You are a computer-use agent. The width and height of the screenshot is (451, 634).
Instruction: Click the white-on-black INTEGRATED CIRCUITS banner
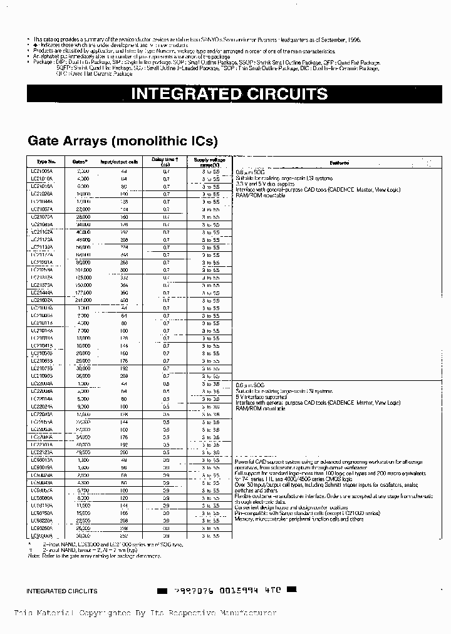pos(229,94)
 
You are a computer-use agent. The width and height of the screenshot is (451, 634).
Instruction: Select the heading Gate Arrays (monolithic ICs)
pos(122,140)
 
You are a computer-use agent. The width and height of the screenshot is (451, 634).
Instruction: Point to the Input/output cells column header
pos(119,162)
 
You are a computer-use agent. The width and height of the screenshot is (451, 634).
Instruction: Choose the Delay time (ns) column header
pos(166,162)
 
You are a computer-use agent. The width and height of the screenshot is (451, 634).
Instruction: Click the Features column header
pos(339,162)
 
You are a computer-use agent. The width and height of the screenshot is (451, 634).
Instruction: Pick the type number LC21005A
pos(43,170)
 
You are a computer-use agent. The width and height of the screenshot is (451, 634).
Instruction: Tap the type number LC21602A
pos(43,300)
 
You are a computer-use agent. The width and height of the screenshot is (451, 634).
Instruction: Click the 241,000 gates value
pos(82,300)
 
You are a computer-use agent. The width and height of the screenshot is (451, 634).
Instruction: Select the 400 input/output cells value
pos(123,300)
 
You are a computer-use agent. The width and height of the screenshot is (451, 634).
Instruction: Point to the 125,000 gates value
pos(82,278)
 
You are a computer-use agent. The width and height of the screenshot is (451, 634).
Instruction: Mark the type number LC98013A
pos(43,459)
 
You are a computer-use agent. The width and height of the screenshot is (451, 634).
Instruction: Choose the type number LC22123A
pos(43,452)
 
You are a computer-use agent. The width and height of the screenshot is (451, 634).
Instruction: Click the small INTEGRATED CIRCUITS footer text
pos(61,591)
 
